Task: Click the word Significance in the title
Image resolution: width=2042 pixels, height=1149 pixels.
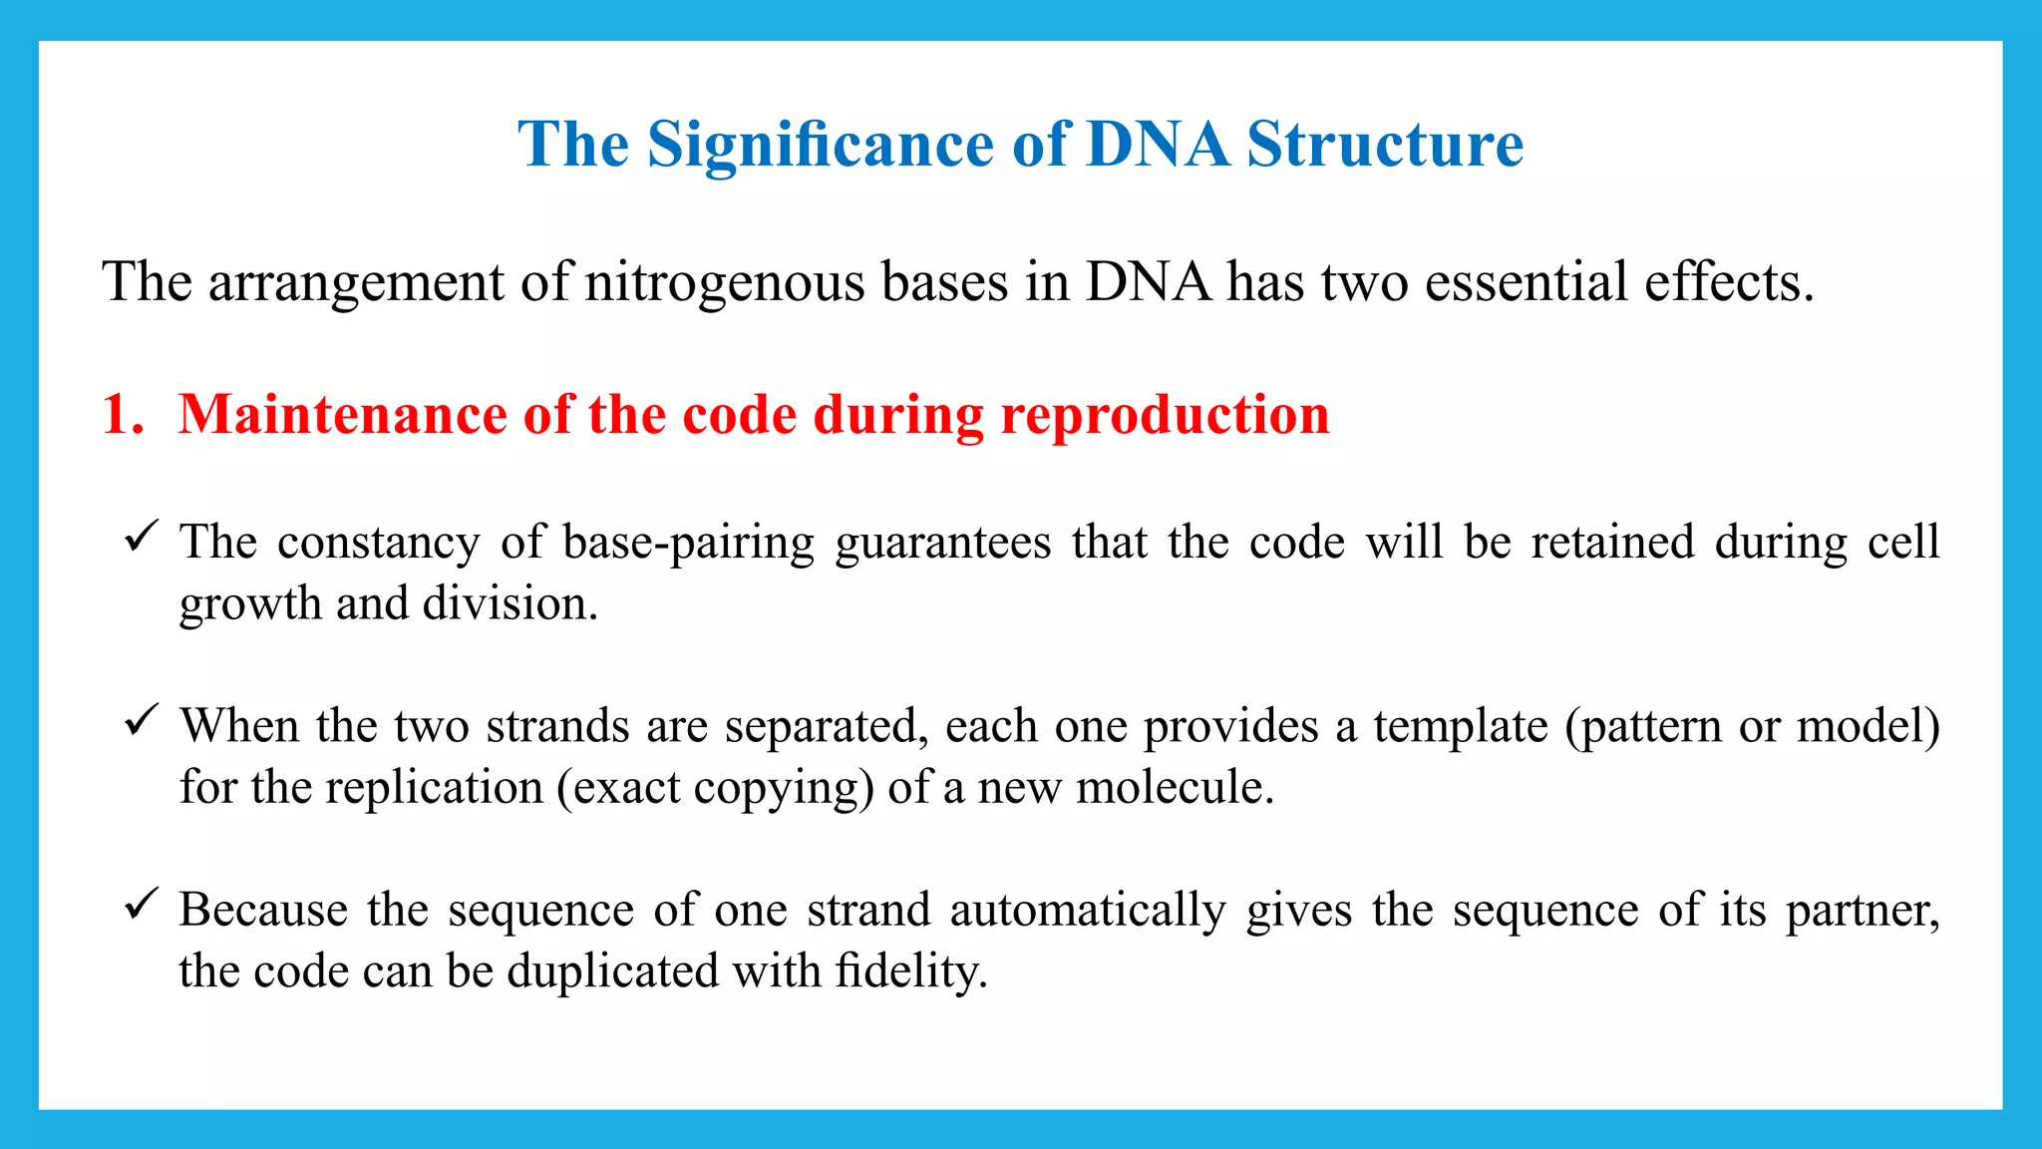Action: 820,146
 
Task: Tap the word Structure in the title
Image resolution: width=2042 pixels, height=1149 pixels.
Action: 1385,146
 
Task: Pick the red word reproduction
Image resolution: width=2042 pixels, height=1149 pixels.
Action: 1165,415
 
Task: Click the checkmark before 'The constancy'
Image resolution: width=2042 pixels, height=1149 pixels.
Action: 141,537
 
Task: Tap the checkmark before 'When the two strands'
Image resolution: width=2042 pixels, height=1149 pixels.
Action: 141,720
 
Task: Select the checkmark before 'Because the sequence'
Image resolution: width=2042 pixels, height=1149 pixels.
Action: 141,904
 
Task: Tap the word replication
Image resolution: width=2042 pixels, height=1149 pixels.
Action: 434,788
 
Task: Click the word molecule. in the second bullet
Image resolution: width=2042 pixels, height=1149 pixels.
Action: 1176,788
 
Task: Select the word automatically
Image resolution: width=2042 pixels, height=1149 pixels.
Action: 1087,911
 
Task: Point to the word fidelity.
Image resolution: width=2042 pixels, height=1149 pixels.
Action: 910,971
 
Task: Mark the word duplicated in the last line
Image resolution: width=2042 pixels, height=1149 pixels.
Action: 612,971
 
